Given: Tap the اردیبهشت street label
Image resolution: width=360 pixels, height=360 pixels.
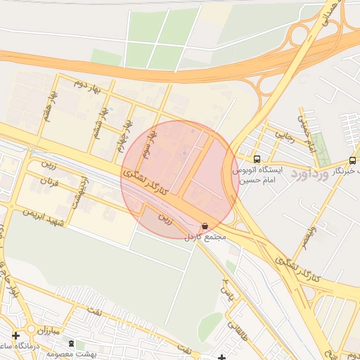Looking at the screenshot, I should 79,191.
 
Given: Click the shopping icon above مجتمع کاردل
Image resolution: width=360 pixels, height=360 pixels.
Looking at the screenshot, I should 205,226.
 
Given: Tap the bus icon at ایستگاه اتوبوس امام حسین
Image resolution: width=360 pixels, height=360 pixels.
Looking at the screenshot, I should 257,159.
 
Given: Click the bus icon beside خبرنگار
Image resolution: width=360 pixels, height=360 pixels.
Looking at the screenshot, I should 352,160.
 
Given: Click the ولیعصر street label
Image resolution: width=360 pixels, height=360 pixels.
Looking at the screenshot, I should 310,232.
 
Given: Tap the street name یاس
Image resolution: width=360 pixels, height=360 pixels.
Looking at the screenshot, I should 225,287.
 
